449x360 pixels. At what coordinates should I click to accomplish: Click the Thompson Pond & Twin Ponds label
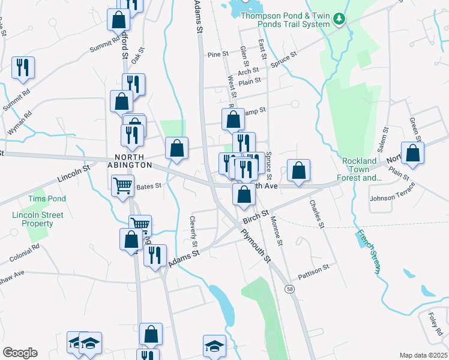click(x=285, y=20)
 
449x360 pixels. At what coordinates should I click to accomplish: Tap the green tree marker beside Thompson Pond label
click(x=340, y=20)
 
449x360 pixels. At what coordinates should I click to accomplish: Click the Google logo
click(x=20, y=353)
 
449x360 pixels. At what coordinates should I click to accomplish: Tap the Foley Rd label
click(x=436, y=323)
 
